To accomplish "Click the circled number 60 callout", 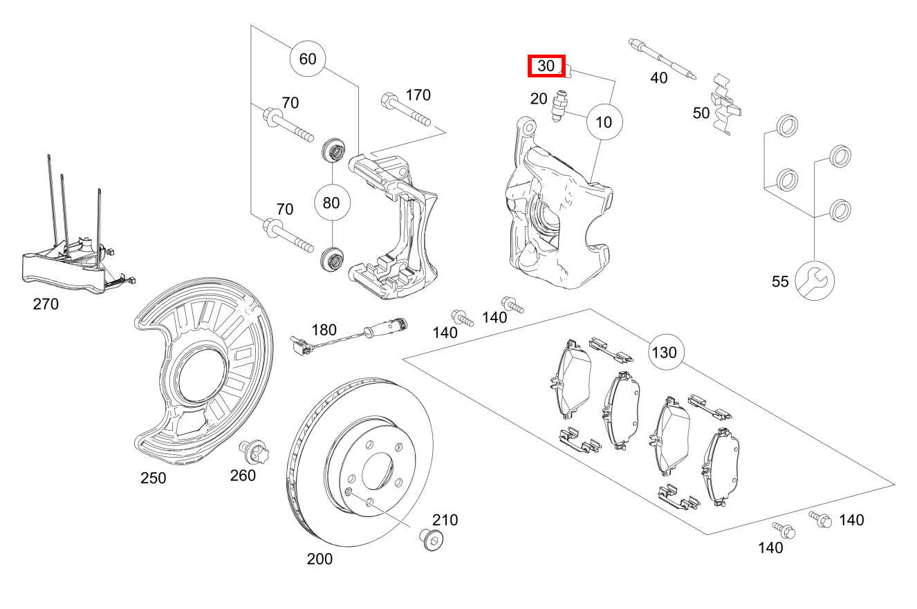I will point(308,59).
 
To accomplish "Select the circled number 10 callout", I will point(604,122).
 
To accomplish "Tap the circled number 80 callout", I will point(332,203).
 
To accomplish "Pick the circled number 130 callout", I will point(666,353).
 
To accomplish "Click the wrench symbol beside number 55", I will point(815,280).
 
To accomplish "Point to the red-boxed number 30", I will point(547,66).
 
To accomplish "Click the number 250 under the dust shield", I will point(153,478).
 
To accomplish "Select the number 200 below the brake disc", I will point(319,559).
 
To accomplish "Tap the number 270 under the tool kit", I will point(46,303).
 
